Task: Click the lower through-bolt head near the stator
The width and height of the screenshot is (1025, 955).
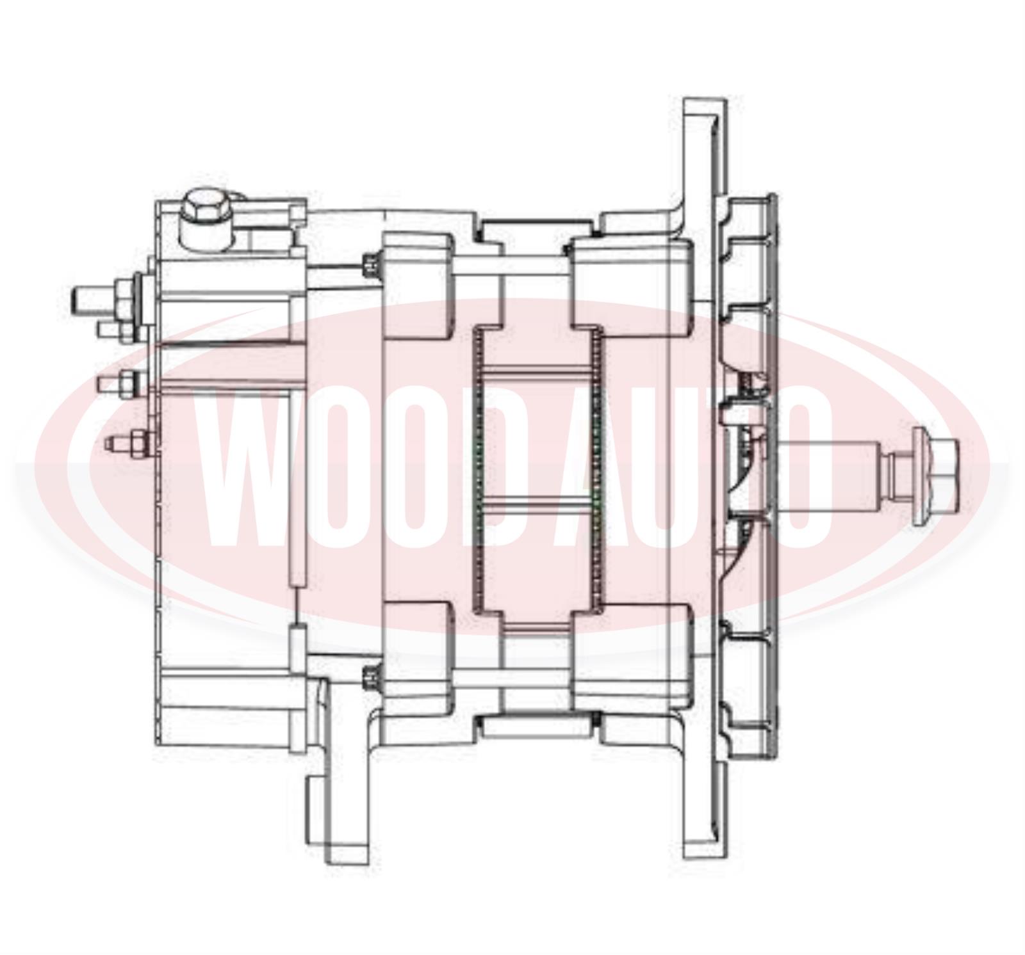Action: tap(370, 677)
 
